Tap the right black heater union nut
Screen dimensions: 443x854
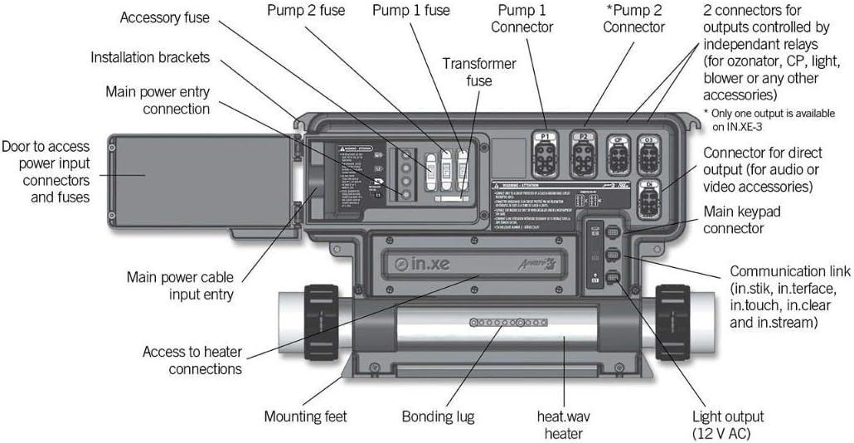tap(672, 324)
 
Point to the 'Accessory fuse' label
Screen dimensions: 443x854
tap(165, 17)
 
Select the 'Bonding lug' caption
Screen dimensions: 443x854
tap(438, 416)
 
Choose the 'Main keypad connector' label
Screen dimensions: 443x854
tap(741, 220)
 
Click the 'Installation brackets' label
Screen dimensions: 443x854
tap(150, 57)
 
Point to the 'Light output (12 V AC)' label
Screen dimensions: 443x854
tap(716, 425)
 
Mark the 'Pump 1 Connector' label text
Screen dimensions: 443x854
tap(522, 18)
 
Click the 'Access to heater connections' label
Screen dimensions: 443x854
tap(192, 360)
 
